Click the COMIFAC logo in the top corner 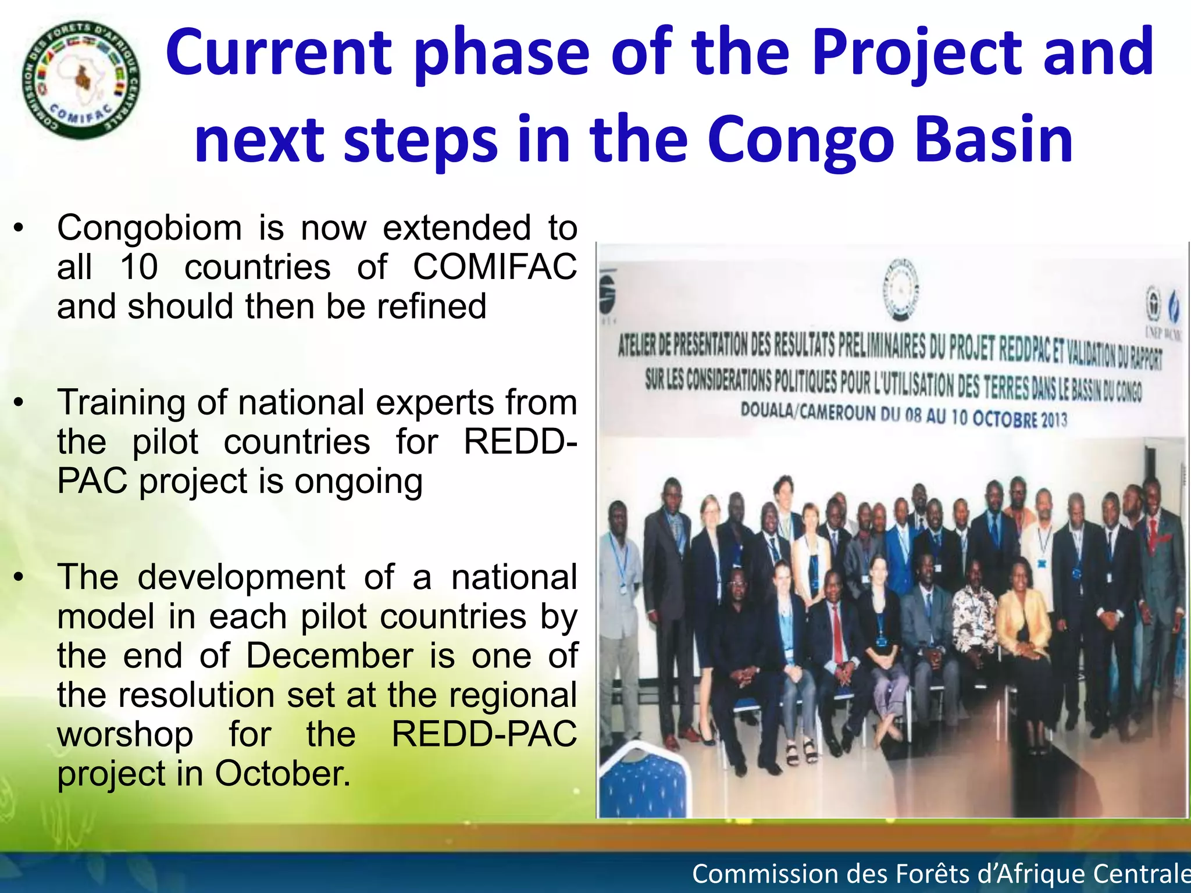pyautogui.click(x=81, y=80)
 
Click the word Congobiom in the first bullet pyautogui.click(x=149, y=228)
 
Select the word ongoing pyautogui.click(x=358, y=483)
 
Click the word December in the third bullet pyautogui.click(x=329, y=656)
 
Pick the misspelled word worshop pyautogui.click(x=125, y=735)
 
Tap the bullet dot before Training pyautogui.click(x=19, y=402)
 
